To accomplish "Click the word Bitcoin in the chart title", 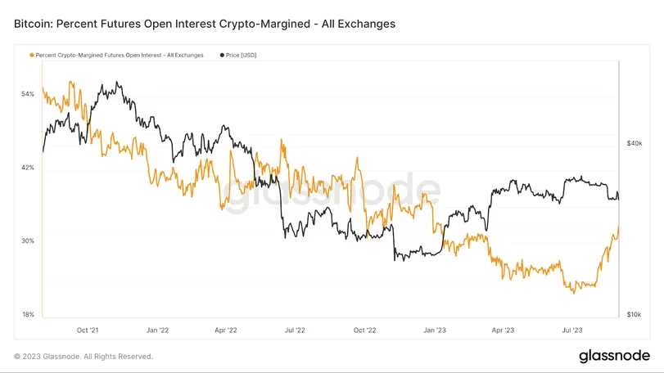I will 34,25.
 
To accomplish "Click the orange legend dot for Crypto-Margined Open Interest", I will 32,55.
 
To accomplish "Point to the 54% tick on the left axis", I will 28,94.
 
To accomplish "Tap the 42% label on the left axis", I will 28,168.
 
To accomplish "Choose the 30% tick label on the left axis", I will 28,241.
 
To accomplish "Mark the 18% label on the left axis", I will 28,315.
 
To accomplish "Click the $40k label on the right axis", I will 635,143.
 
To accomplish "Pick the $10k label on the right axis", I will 635,315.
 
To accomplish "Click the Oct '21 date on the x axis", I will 88,330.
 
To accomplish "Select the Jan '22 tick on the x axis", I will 157,330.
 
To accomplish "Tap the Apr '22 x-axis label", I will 226,330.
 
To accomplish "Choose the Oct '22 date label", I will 364,330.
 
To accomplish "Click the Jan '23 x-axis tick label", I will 434,330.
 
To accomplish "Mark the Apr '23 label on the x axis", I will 502,330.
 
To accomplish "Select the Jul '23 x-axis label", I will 571,330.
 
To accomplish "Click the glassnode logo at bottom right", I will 614,356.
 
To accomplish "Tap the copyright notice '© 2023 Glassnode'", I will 83,357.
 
